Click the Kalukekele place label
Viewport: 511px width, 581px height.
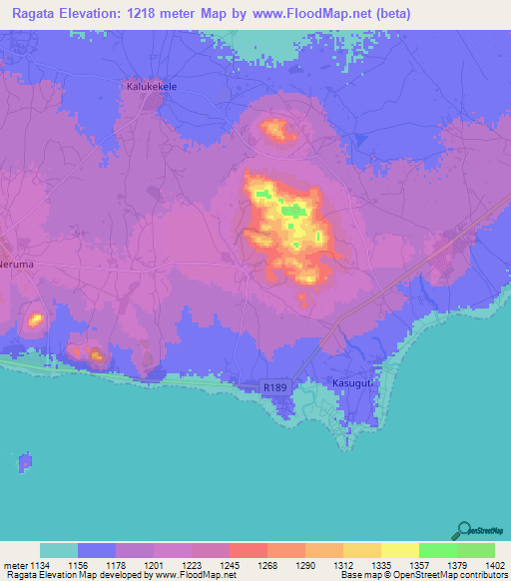pos(152,87)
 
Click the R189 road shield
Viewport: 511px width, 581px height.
pos(275,385)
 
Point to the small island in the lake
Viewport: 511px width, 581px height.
pos(25,462)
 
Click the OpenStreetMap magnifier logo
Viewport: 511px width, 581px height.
pos(462,530)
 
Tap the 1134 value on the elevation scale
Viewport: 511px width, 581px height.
pos(40,565)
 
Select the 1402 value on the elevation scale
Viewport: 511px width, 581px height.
pos(495,565)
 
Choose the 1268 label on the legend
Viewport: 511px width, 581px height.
pos(267,565)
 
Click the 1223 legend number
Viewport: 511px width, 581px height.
pos(192,565)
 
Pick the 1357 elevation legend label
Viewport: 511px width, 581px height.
pos(419,565)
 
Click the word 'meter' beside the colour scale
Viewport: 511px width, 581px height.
pos(14,565)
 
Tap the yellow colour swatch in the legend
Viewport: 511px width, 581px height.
pos(399,550)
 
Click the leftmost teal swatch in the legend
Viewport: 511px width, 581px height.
pos(59,550)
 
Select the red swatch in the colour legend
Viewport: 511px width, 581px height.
pos(248,550)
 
